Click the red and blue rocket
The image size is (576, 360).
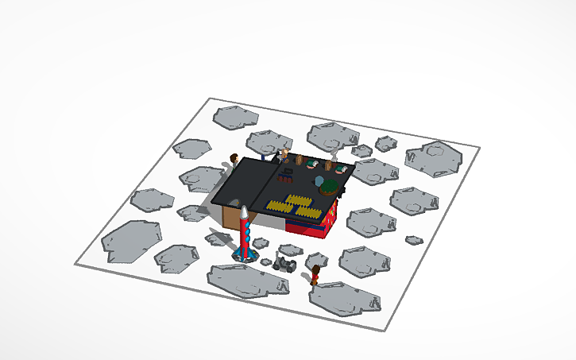(245, 234)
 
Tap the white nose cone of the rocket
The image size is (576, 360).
(245, 212)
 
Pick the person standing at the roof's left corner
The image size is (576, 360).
(234, 160)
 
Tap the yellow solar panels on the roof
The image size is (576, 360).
(293, 205)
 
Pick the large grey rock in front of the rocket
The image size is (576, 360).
(246, 280)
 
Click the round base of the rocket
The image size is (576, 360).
(245, 256)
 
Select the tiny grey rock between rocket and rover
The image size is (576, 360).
(265, 261)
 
